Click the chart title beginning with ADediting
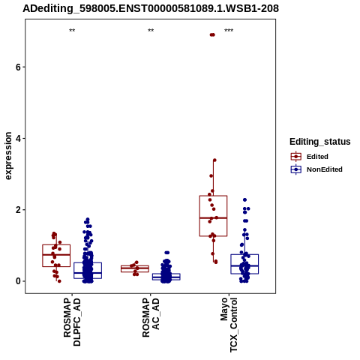[151, 9]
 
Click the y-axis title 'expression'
[8, 156]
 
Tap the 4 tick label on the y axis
[18, 138]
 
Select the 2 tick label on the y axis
[18, 210]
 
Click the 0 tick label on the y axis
[18, 281]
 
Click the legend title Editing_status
[320, 142]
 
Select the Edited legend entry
[310, 157]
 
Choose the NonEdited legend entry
[316, 169]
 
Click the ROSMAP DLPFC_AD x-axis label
[72, 322]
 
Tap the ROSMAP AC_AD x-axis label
[151, 317]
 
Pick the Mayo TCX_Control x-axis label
[229, 325]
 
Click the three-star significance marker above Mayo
[229, 31]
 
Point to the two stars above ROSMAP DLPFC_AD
[72, 31]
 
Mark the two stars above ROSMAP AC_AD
[151, 31]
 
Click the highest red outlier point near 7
[212, 34]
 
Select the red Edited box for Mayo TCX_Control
[213, 216]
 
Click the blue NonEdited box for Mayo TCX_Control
[244, 264]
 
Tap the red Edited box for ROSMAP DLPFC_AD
[56, 256]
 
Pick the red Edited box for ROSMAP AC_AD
[135, 268]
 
